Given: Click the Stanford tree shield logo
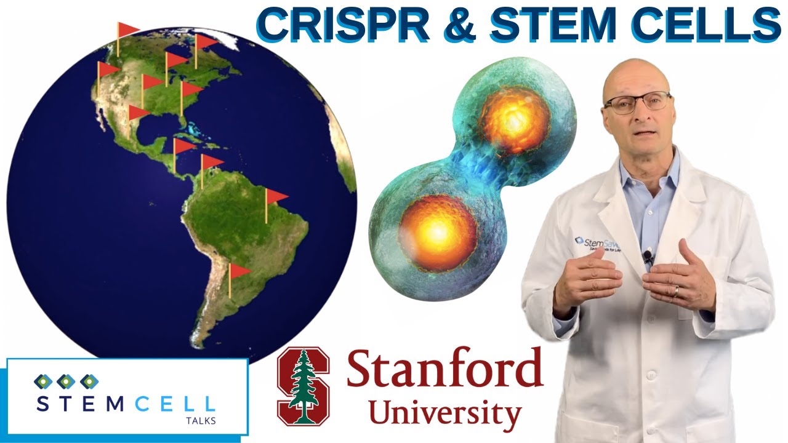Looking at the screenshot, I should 303,386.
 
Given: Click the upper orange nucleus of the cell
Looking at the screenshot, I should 514,119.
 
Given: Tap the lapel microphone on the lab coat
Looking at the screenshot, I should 648,256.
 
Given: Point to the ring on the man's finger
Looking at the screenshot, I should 675,289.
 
